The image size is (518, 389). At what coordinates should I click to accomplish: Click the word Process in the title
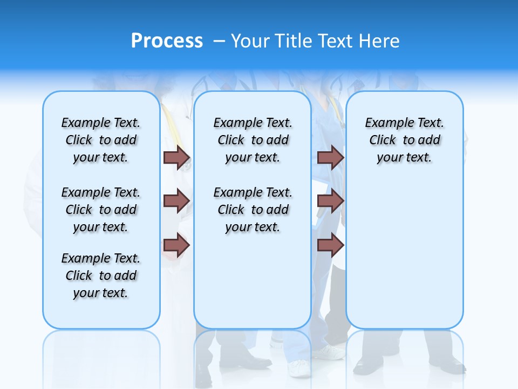click(167, 41)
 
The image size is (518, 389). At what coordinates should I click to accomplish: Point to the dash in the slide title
click(219, 41)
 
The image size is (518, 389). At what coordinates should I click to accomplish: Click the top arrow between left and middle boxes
click(176, 157)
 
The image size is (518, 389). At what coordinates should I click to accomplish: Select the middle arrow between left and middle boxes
click(176, 201)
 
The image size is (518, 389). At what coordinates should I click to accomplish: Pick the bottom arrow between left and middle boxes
click(176, 245)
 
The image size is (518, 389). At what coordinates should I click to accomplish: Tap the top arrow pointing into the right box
click(330, 157)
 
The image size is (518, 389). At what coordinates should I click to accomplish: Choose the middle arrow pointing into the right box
click(330, 201)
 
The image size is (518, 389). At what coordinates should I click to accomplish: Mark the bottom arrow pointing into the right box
click(330, 245)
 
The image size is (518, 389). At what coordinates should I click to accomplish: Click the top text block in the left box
click(101, 140)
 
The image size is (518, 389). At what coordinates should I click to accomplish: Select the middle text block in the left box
click(101, 210)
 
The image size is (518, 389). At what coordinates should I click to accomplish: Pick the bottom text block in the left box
click(101, 276)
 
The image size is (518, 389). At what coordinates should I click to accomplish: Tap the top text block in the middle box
click(253, 140)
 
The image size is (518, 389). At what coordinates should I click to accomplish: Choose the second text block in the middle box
click(253, 210)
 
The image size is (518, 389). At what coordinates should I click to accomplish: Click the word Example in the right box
click(386, 123)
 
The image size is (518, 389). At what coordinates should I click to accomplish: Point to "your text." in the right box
click(404, 158)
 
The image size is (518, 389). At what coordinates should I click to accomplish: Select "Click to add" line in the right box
click(405, 140)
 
